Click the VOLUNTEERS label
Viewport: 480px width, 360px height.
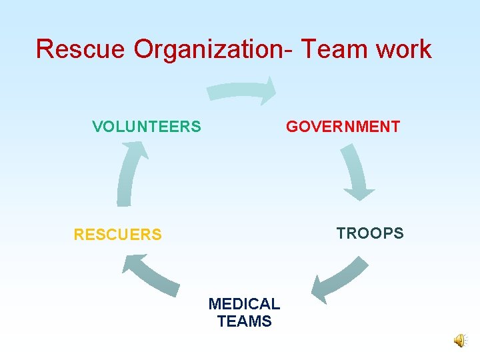click(147, 127)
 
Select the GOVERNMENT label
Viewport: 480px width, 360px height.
click(343, 127)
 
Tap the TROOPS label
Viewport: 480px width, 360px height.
click(370, 233)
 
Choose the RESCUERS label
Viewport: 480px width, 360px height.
click(117, 235)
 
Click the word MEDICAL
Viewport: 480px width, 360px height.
click(244, 304)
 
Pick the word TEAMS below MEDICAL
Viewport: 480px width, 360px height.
click(244, 321)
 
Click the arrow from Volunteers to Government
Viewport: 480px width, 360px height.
click(240, 91)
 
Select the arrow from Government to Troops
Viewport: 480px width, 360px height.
click(356, 172)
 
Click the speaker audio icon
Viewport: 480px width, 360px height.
click(461, 341)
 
